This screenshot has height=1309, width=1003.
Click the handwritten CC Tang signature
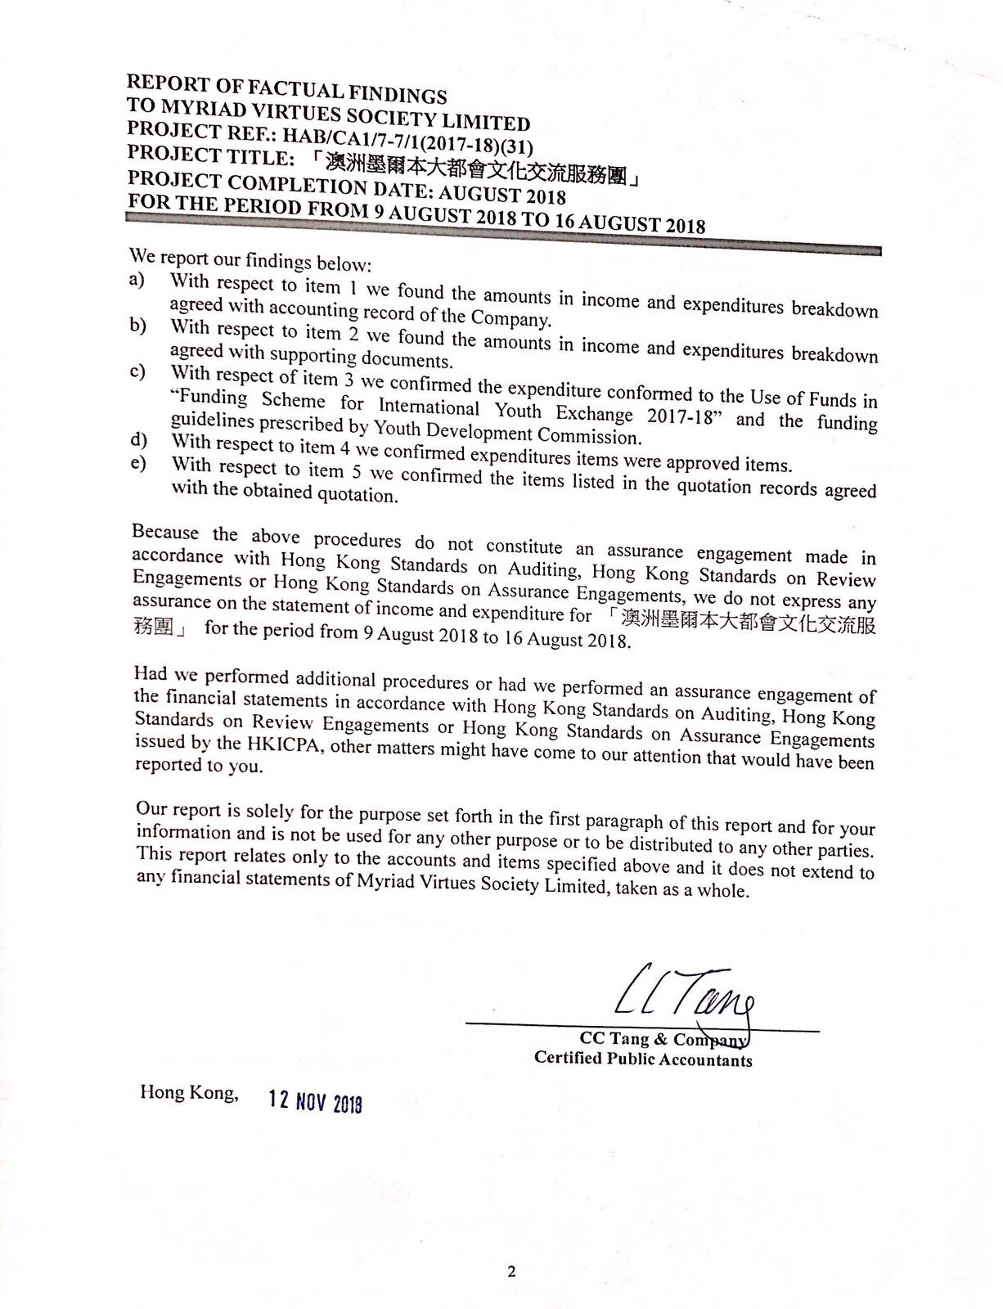click(x=684, y=995)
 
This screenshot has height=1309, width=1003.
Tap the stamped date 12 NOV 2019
click(x=316, y=1101)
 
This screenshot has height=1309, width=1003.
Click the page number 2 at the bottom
click(x=511, y=1271)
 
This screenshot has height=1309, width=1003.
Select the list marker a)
click(x=137, y=279)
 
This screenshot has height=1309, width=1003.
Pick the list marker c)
click(x=137, y=372)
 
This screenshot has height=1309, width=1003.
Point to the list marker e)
click(x=137, y=463)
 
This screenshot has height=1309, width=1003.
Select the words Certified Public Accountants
click(x=643, y=1059)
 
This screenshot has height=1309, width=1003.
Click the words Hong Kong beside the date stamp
click(x=189, y=1092)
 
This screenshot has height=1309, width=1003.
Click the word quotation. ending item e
click(x=360, y=494)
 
